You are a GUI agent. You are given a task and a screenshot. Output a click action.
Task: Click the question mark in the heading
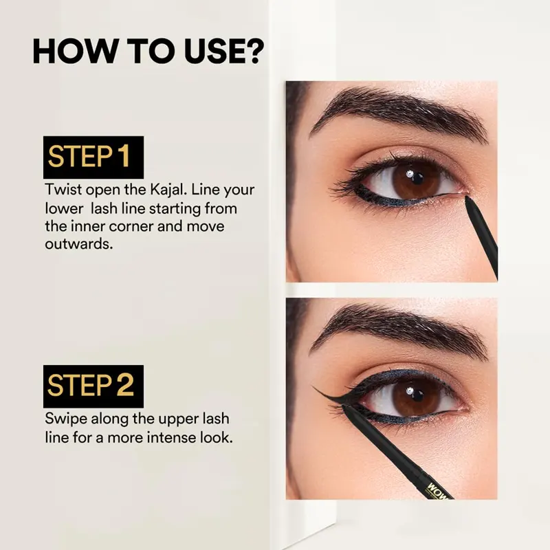click(252, 51)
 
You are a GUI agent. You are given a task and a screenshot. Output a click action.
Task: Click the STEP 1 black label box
click(93, 157)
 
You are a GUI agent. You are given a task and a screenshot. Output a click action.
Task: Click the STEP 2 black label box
click(93, 386)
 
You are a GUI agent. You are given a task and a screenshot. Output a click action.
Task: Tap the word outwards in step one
click(79, 244)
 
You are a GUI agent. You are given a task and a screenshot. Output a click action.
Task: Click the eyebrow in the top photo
click(398, 112)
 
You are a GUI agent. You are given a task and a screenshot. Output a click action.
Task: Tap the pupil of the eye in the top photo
click(416, 179)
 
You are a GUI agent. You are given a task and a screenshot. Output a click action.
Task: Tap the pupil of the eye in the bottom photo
click(416, 395)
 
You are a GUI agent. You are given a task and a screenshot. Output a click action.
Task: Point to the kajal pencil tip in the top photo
click(467, 198)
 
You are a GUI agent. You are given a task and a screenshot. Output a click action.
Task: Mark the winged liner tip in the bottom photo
click(313, 386)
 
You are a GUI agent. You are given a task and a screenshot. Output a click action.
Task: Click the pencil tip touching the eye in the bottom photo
click(344, 407)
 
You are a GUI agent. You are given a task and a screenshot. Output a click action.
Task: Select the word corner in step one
click(131, 227)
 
